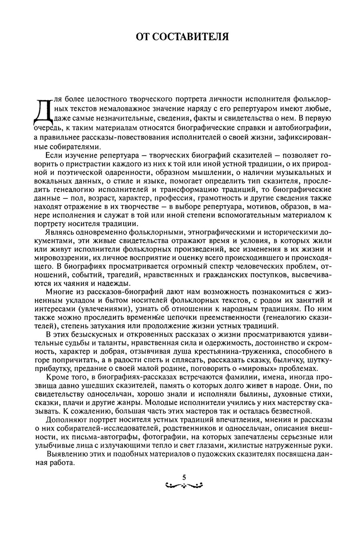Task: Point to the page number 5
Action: pos(184,477)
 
